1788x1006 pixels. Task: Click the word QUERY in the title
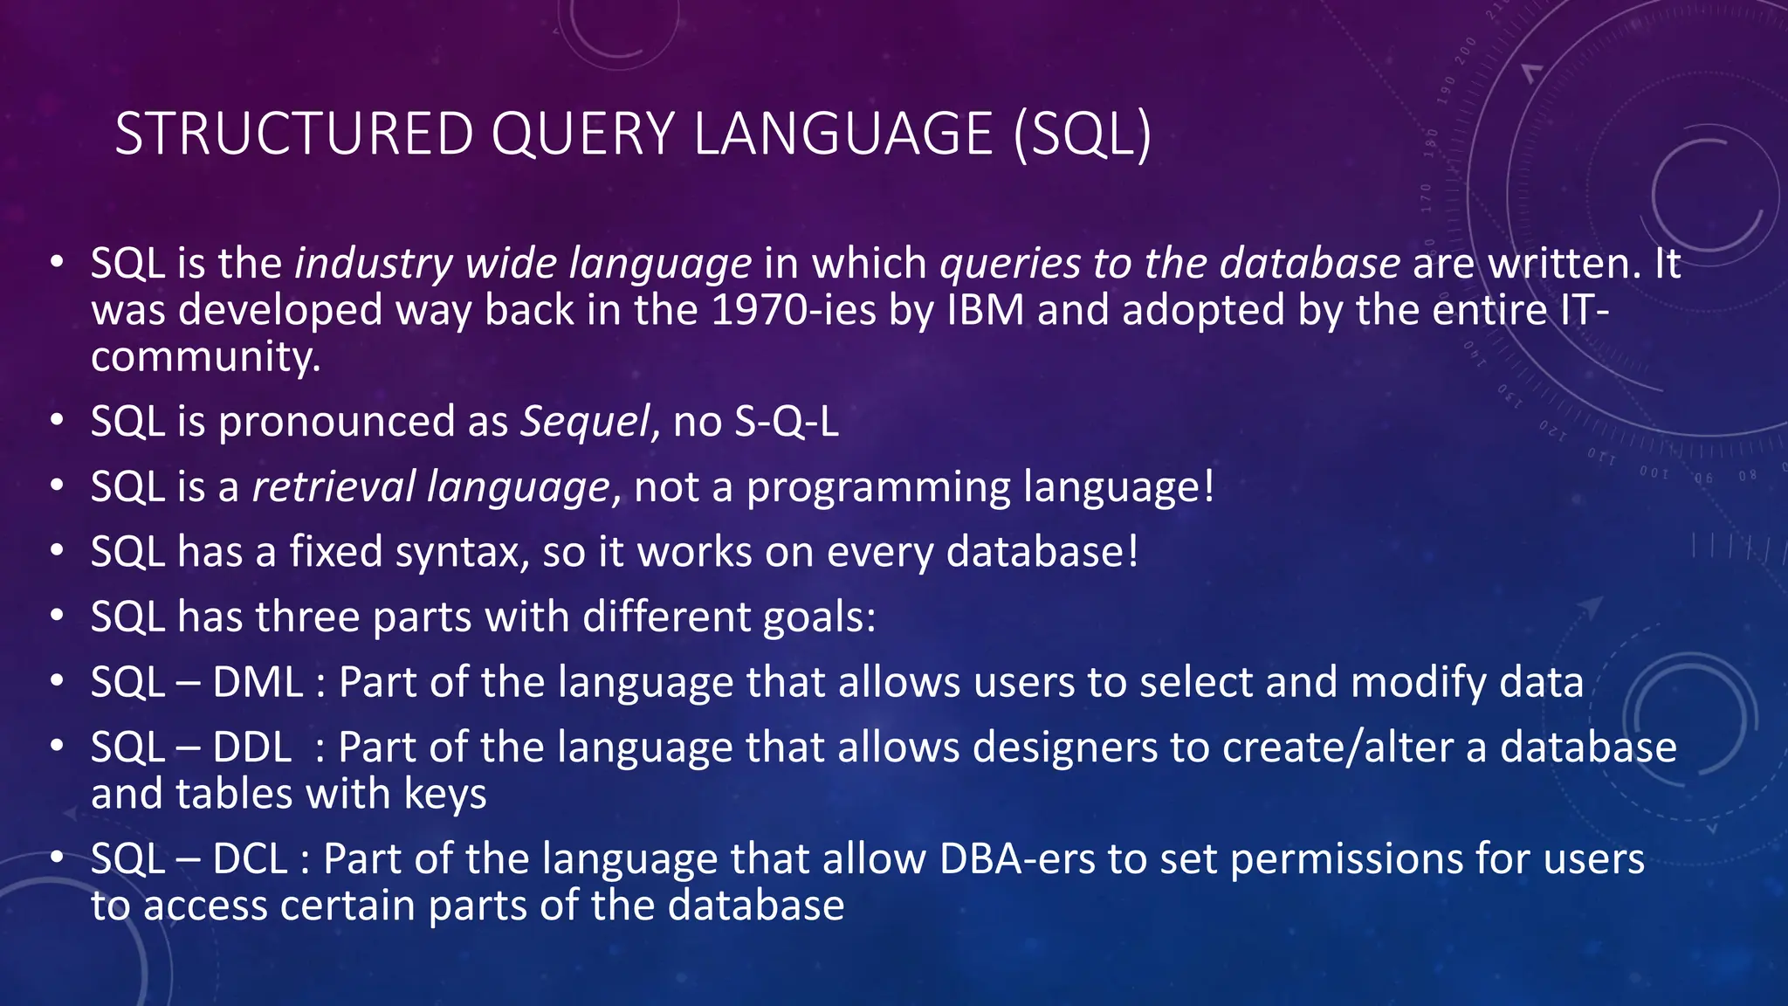582,134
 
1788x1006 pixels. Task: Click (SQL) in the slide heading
1083,134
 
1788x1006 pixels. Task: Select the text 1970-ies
793,311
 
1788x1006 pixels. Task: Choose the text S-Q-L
786,422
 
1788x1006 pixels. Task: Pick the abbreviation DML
258,682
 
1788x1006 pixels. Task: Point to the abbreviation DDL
252,748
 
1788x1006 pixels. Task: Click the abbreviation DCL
250,859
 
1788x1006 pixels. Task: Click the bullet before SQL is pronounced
57,420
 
